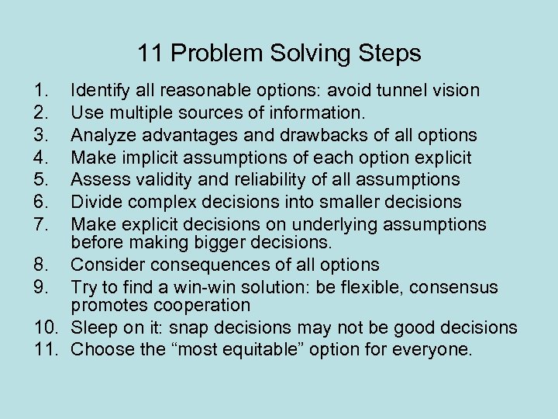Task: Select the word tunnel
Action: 398,91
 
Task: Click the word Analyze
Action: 102,136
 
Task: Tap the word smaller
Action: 344,203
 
